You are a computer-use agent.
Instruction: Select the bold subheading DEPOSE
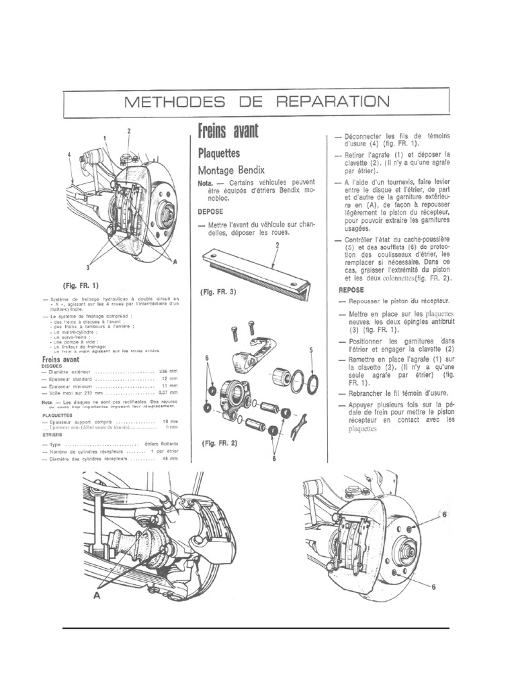tap(210, 210)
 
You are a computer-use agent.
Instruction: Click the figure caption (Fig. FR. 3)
tap(219, 292)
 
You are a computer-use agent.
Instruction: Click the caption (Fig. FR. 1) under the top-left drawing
tap(80, 284)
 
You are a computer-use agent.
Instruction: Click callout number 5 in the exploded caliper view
tap(312, 350)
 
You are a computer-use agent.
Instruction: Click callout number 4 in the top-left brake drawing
tap(69, 154)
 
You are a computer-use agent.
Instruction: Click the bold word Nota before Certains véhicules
tap(206, 183)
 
